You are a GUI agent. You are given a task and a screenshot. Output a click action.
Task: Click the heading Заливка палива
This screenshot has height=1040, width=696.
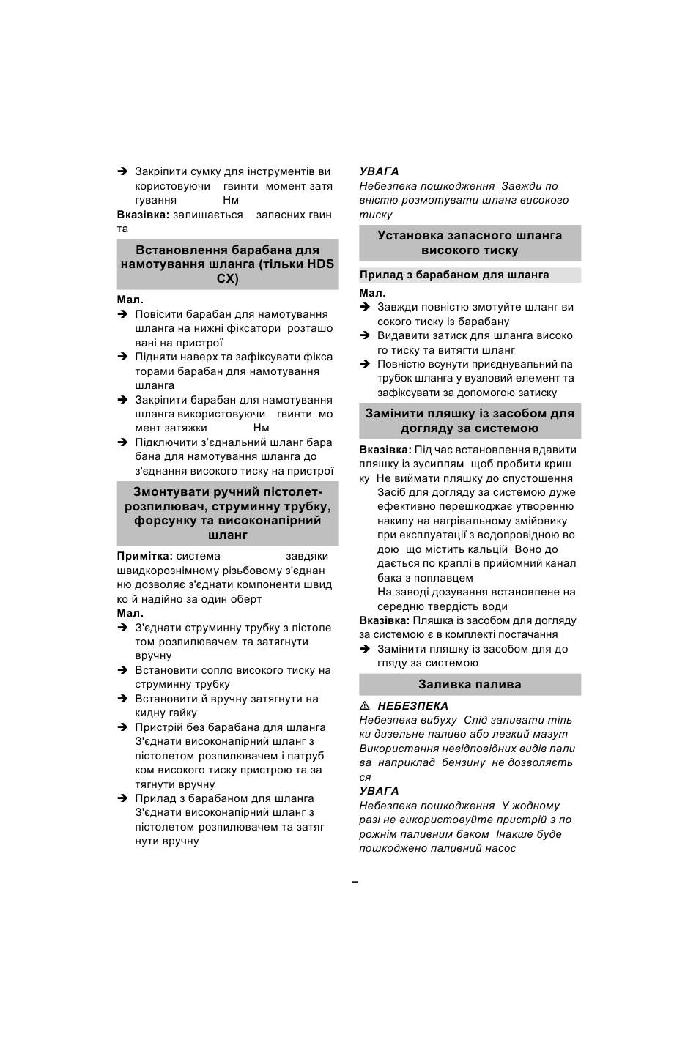tap(470, 685)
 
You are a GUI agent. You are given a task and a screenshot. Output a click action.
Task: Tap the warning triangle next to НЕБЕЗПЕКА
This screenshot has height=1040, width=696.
tap(364, 706)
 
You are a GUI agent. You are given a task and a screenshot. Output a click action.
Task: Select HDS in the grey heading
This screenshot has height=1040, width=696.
tap(320, 264)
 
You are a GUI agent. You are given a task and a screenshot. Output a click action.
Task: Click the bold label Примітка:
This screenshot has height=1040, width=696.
tap(145, 557)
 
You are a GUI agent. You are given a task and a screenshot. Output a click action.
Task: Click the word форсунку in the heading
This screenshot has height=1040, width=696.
tap(164, 521)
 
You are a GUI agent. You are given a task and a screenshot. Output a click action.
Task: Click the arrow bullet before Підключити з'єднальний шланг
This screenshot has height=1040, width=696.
tap(122, 442)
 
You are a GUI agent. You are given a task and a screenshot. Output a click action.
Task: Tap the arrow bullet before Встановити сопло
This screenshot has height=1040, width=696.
tap(122, 670)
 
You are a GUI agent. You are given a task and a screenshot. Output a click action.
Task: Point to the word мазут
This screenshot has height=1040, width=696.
tap(551, 735)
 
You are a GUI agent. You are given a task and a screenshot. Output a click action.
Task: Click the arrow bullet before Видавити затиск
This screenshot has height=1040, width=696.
tap(364, 335)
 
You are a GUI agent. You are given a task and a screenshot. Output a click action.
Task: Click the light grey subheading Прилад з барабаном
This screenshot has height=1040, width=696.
tap(454, 275)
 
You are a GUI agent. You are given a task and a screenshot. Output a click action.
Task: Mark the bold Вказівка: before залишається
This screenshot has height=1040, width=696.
tap(143, 215)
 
